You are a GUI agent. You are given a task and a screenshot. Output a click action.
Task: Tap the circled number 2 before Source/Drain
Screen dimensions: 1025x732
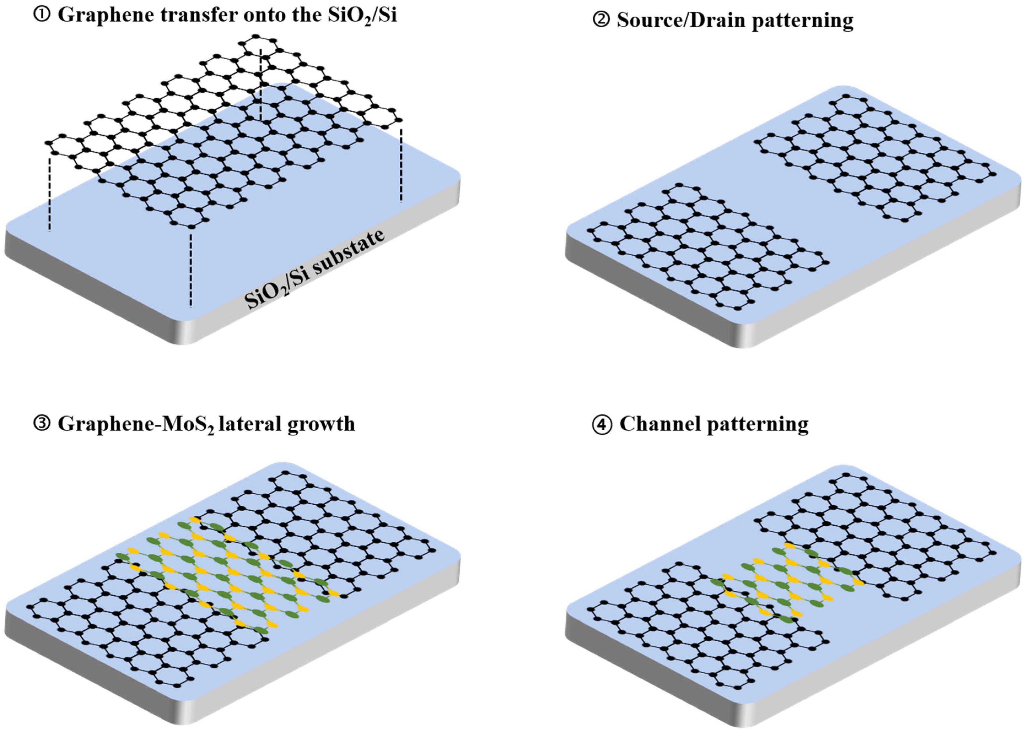(601, 20)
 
